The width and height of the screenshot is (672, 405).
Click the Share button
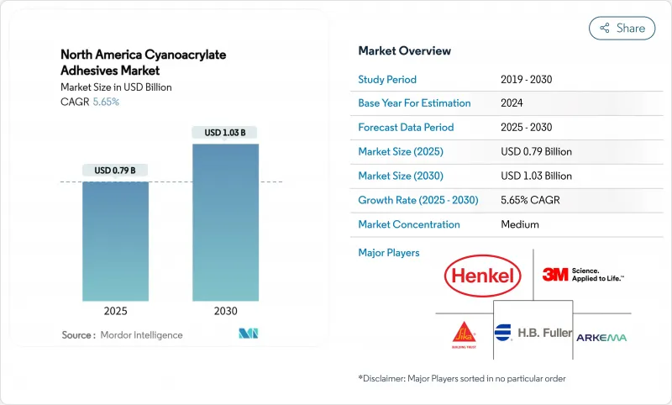click(x=622, y=28)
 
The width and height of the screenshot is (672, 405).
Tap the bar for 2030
click(x=225, y=222)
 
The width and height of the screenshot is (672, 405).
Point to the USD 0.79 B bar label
click(x=115, y=171)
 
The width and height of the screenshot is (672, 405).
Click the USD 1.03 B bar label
click(x=225, y=133)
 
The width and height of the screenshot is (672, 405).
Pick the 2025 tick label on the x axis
click(x=115, y=311)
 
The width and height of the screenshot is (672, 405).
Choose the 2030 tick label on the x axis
click(x=225, y=311)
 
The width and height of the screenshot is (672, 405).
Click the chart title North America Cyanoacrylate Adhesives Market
click(x=143, y=63)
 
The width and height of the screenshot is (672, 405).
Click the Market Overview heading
click(x=404, y=51)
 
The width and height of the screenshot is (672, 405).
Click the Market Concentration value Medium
click(x=520, y=224)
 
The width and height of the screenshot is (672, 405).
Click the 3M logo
click(x=582, y=275)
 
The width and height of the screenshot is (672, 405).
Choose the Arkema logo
click(x=601, y=336)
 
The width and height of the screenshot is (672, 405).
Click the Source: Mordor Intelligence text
click(x=122, y=335)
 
